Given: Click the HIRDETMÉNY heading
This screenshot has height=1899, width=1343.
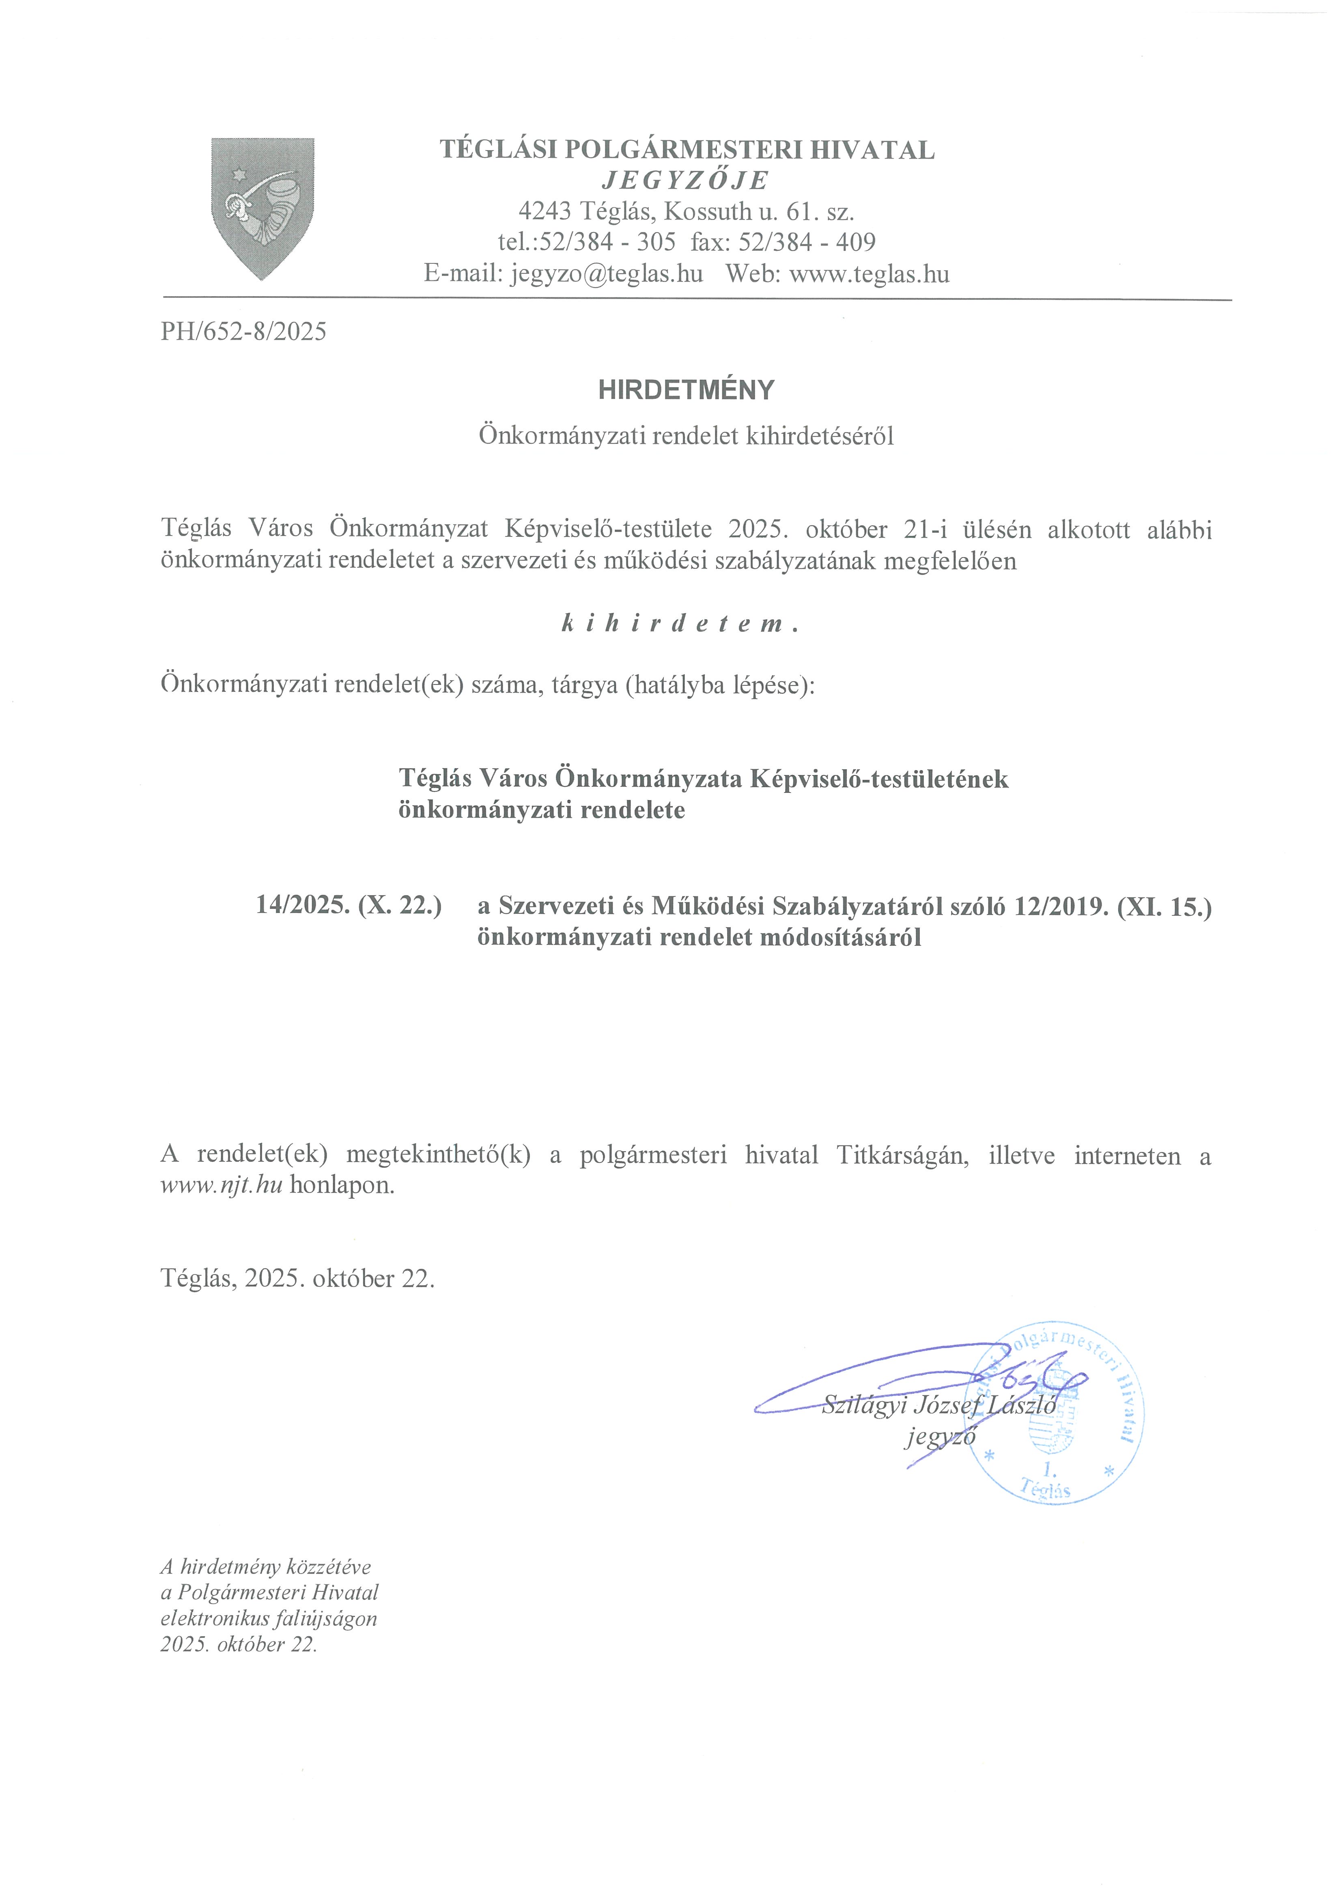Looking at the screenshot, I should [687, 390].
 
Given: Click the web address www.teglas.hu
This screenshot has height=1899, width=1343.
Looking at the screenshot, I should [869, 273].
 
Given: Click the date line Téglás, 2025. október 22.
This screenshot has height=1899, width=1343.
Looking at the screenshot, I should [298, 1279].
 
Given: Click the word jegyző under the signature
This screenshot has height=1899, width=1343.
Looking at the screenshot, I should [940, 1437].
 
